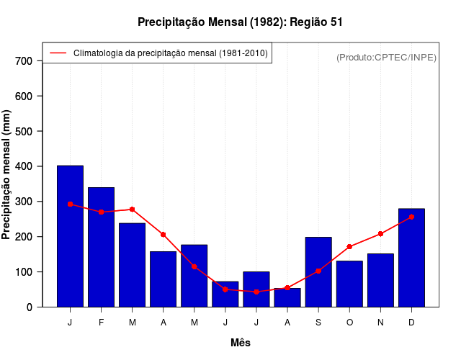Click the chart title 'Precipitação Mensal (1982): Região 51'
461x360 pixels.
pyautogui.click(x=240, y=22)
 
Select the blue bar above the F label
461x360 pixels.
pyautogui.click(x=101, y=247)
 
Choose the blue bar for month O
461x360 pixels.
pyautogui.click(x=349, y=284)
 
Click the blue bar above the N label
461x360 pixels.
pyautogui.click(x=380, y=280)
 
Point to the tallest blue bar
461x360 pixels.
pyautogui.click(x=70, y=236)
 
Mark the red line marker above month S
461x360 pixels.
pyautogui.click(x=318, y=271)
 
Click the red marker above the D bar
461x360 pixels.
pyautogui.click(x=411, y=217)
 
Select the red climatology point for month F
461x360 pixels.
pyautogui.click(x=101, y=212)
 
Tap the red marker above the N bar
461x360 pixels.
pyautogui.click(x=380, y=234)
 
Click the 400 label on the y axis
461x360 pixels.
pyautogui.click(x=24, y=166)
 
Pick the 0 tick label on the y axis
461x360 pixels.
pyautogui.click(x=29, y=307)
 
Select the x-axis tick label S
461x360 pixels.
pyautogui.click(x=318, y=323)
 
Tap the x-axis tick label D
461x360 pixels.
pyautogui.click(x=411, y=323)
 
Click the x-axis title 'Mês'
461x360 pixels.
pyautogui.click(x=241, y=343)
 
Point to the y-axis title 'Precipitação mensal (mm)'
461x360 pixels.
pyautogui.click(x=7, y=174)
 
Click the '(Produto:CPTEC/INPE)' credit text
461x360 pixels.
pyautogui.click(x=386, y=57)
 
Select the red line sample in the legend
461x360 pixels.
pyautogui.click(x=58, y=53)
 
